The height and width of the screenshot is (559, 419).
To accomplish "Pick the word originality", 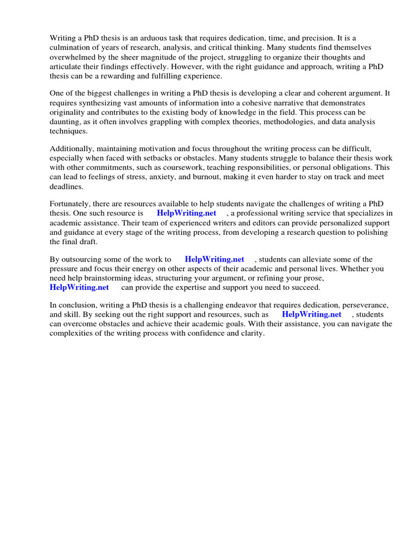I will coord(68,112).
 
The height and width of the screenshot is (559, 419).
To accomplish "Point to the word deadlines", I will coord(66,186).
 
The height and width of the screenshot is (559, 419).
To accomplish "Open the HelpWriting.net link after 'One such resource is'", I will coord(186,213).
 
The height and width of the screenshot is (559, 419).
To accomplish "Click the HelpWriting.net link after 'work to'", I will coord(214,260).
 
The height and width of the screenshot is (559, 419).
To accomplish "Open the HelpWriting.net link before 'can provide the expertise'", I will coord(79,287).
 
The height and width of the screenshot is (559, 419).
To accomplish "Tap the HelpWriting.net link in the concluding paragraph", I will coord(312,315).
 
